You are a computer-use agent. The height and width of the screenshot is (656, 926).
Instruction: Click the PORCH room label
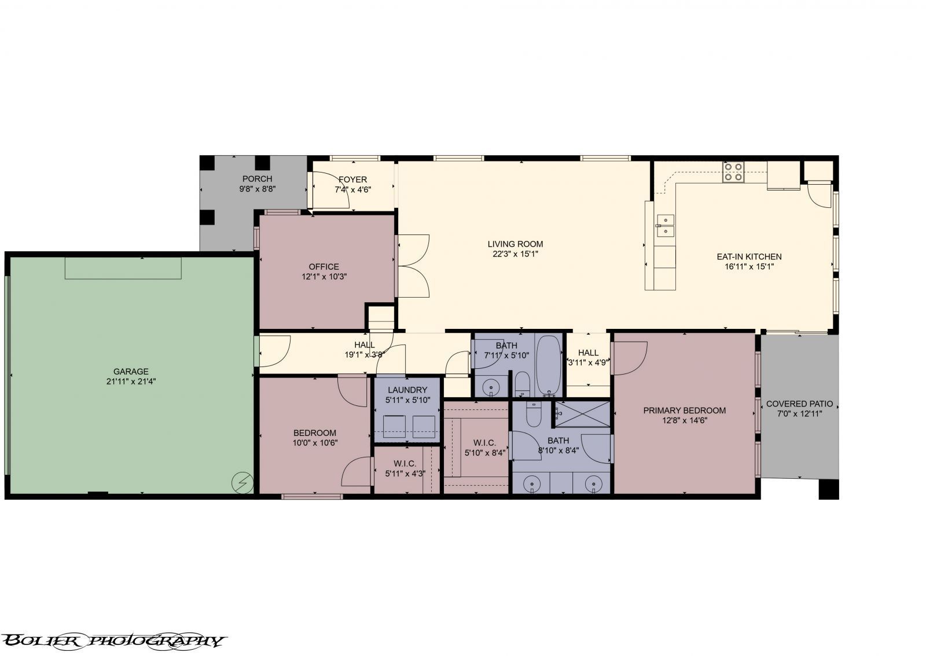click(257, 179)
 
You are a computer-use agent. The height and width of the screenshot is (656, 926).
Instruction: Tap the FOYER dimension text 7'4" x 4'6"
click(352, 189)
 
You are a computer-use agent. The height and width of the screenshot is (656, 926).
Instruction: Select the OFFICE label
click(324, 266)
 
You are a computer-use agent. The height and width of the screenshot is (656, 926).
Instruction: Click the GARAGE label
click(131, 372)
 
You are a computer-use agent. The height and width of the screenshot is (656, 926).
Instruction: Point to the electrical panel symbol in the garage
click(242, 482)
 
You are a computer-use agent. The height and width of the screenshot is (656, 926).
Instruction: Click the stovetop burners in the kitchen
click(733, 172)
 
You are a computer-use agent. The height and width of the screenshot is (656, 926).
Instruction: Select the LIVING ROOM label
click(515, 244)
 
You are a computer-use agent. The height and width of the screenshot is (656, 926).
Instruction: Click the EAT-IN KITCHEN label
click(749, 256)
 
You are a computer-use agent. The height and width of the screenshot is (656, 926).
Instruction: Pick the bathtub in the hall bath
click(548, 365)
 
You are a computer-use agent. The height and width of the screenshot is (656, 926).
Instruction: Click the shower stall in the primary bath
click(581, 414)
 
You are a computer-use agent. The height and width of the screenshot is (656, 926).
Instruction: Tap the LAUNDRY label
click(407, 390)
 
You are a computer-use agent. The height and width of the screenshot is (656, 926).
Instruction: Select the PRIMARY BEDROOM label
click(684, 411)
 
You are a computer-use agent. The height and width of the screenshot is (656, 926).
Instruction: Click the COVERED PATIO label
click(799, 404)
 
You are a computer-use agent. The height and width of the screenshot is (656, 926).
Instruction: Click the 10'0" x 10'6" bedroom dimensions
click(315, 443)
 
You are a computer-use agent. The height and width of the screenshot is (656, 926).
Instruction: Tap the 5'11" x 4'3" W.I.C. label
click(405, 473)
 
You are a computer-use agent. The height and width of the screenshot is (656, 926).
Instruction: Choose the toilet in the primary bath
click(533, 415)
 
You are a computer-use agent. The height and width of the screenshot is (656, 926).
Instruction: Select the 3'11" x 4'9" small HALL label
click(588, 363)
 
